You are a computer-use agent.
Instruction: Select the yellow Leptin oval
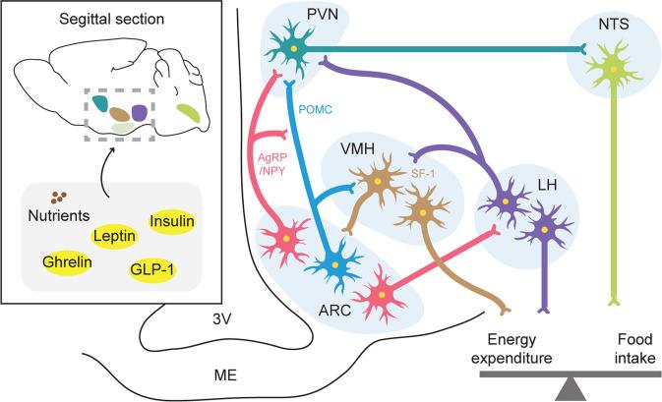pos(117,235)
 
